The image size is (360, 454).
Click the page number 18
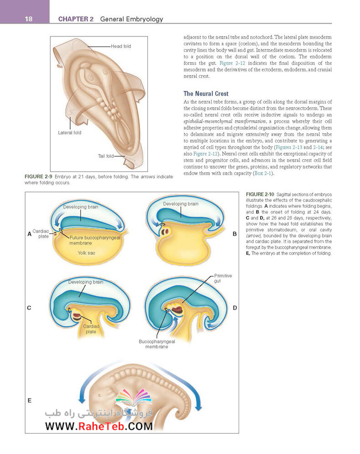tap(29, 19)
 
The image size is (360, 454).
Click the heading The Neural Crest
tap(206, 94)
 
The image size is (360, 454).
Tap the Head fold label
tap(121, 47)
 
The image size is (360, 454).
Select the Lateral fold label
tap(69, 133)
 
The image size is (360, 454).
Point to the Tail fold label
tap(106, 156)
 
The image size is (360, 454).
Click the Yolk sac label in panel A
tap(86, 253)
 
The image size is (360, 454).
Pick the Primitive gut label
tap(223, 278)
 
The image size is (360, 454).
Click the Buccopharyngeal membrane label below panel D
tap(157, 344)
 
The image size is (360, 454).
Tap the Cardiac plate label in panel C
tap(91, 329)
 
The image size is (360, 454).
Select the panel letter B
tap(235, 234)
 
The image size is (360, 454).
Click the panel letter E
tap(29, 401)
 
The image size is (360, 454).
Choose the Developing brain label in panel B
tap(181, 204)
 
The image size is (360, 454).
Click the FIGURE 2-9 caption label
tap(38, 177)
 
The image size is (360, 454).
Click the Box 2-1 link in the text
tap(263, 173)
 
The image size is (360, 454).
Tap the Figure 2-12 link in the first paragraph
tap(232, 63)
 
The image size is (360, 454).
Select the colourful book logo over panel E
tap(134, 397)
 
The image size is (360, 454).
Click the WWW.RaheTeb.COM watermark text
tap(99, 426)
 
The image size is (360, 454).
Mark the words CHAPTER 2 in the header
tap(76, 19)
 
